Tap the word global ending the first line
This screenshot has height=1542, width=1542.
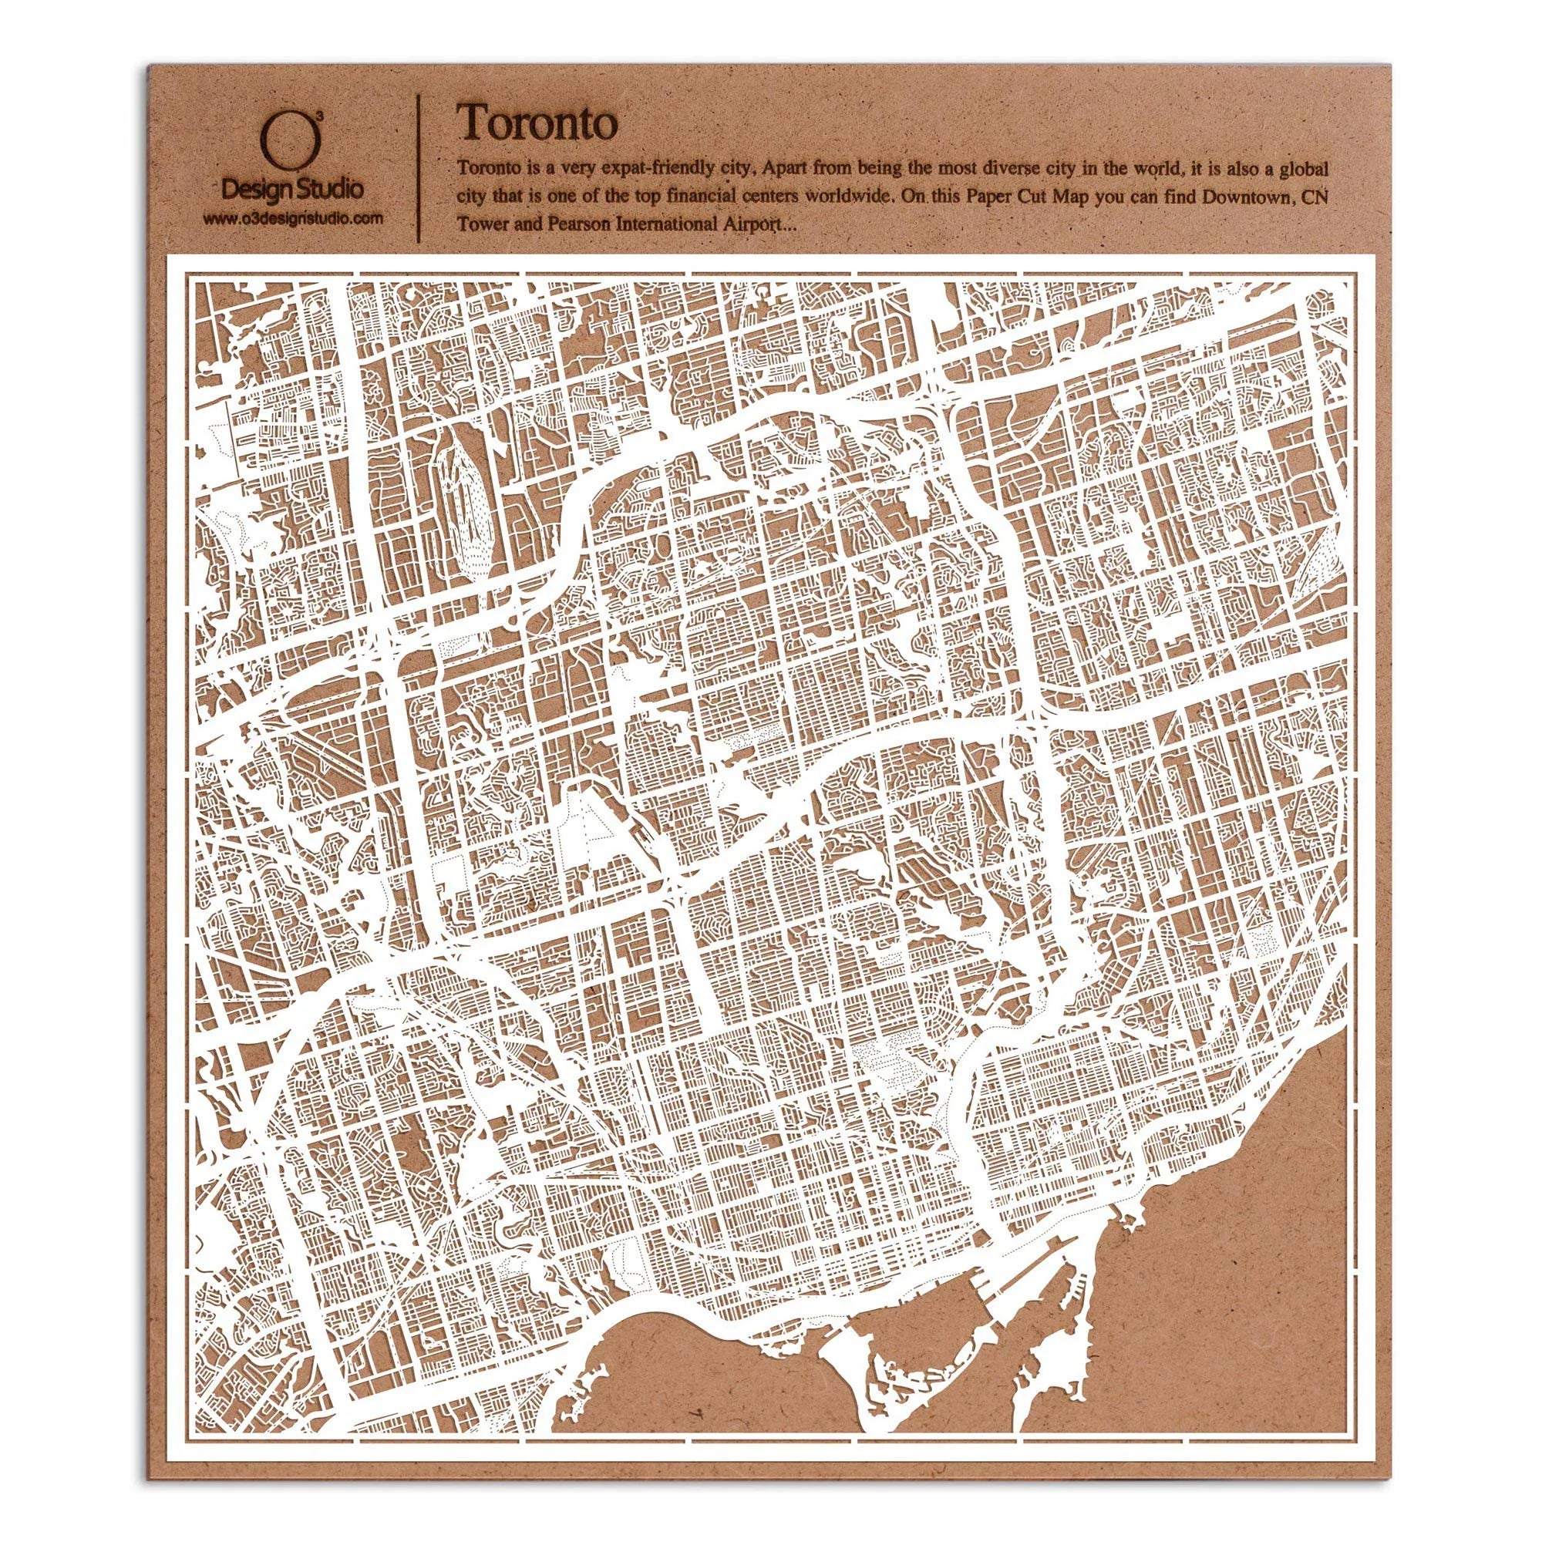1301,170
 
